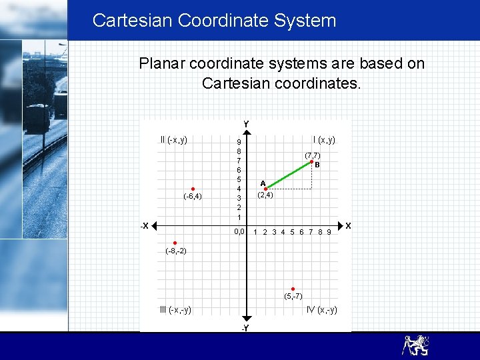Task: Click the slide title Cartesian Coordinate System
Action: tap(214, 21)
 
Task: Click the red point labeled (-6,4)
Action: tap(192, 189)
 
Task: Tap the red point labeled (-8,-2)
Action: tap(174, 243)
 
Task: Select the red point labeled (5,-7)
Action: tap(293, 289)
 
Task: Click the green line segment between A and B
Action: tap(288, 175)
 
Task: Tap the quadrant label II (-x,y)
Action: tap(174, 140)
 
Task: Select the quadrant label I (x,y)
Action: tap(324, 140)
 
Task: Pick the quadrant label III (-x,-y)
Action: tap(175, 309)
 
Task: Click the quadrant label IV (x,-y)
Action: tap(321, 309)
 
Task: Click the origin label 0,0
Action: tap(238, 232)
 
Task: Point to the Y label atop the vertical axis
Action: tap(246, 124)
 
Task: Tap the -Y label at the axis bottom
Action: tap(245, 328)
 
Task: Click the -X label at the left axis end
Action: tap(144, 225)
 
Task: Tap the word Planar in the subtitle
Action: tap(162, 64)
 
